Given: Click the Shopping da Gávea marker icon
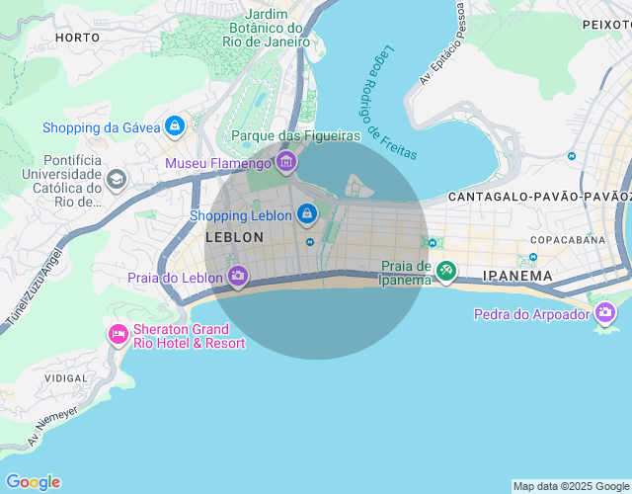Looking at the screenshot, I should [x=174, y=126].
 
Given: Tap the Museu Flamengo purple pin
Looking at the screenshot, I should [x=286, y=162].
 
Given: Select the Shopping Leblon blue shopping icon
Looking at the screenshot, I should [x=307, y=213].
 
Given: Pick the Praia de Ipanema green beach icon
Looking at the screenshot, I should [x=446, y=271].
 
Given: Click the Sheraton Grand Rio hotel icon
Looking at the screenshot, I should [x=118, y=335].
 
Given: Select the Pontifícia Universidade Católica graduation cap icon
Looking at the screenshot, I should [x=117, y=180].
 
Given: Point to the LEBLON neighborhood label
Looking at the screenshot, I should [x=234, y=238].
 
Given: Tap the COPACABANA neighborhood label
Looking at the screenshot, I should [x=567, y=240].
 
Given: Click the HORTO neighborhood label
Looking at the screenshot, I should [x=78, y=37].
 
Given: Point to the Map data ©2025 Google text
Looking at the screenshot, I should [x=570, y=486].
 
